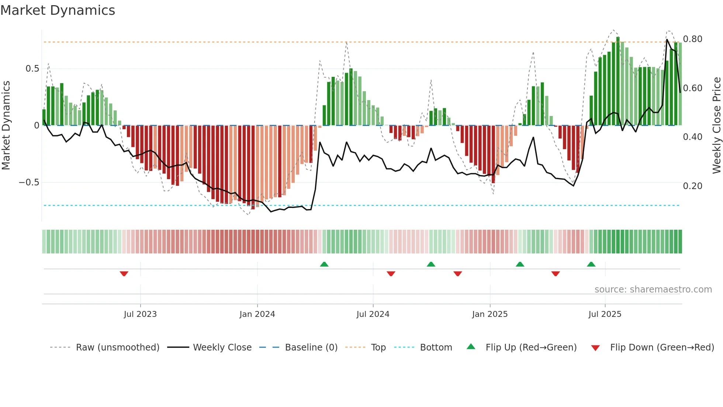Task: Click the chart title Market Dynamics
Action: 58,10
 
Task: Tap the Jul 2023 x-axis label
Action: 140,314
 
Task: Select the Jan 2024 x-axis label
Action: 257,314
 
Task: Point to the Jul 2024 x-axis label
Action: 373,314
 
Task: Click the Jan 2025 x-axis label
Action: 490,314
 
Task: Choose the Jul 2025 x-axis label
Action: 605,314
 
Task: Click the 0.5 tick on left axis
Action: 32,69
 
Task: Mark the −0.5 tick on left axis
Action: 29,182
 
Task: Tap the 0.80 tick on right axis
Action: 692,39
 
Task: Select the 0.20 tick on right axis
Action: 692,186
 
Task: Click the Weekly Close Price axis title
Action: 716,126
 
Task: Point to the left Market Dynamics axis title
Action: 6,126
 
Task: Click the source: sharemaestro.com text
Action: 653,290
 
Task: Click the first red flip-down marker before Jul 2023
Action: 124,274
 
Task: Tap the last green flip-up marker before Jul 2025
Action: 591,264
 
